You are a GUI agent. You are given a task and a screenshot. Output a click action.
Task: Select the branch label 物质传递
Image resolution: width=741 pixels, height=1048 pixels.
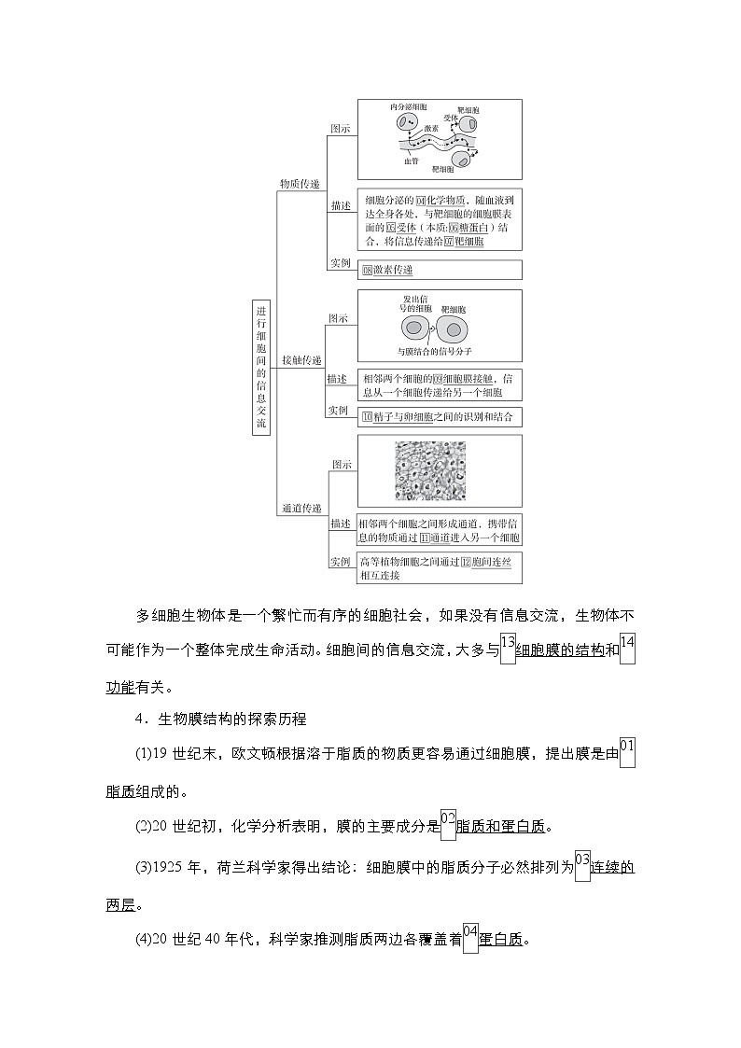[x=300, y=185]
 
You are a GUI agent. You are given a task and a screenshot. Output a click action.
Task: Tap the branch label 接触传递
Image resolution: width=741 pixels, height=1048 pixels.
[x=301, y=360]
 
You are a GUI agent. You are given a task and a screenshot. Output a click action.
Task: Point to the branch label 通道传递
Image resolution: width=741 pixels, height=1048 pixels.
[x=301, y=509]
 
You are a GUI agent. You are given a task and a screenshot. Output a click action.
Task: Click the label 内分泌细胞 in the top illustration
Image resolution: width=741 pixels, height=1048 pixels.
[x=408, y=108]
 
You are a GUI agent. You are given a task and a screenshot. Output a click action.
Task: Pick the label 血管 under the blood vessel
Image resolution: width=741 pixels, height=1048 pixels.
[x=412, y=161]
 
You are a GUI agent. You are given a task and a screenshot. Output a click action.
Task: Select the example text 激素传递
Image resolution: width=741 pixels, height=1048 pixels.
[x=392, y=270]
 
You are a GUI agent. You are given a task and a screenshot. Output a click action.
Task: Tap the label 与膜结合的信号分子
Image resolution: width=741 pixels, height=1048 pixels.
[x=434, y=352]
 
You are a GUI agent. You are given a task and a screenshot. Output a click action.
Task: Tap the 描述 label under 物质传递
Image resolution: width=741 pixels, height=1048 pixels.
[x=341, y=205]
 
